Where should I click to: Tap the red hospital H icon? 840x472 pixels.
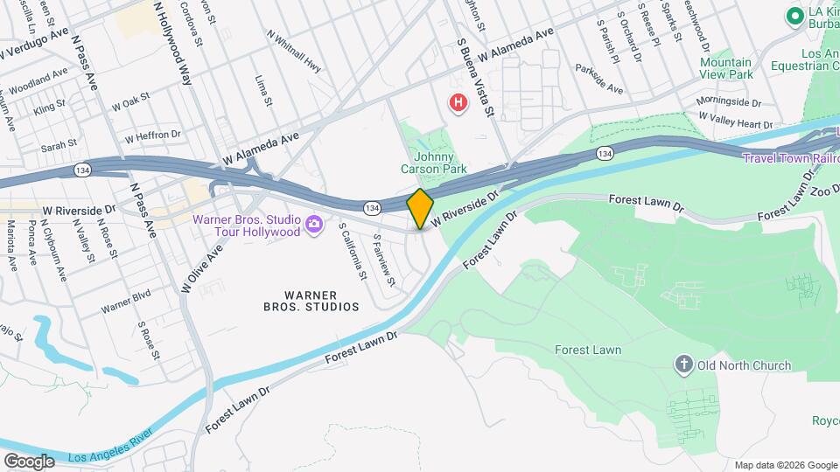pos(458,104)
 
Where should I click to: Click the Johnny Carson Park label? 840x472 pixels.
pos(434,163)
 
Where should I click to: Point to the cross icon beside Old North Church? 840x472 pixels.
pos(683,364)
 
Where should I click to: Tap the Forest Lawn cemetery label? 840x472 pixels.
pos(588,350)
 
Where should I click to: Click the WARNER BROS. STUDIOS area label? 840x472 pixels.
pos(311,301)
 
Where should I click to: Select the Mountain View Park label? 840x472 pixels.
pos(726,68)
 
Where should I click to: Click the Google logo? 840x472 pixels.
pos(29,461)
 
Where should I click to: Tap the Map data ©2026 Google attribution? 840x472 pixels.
pos(786,465)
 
